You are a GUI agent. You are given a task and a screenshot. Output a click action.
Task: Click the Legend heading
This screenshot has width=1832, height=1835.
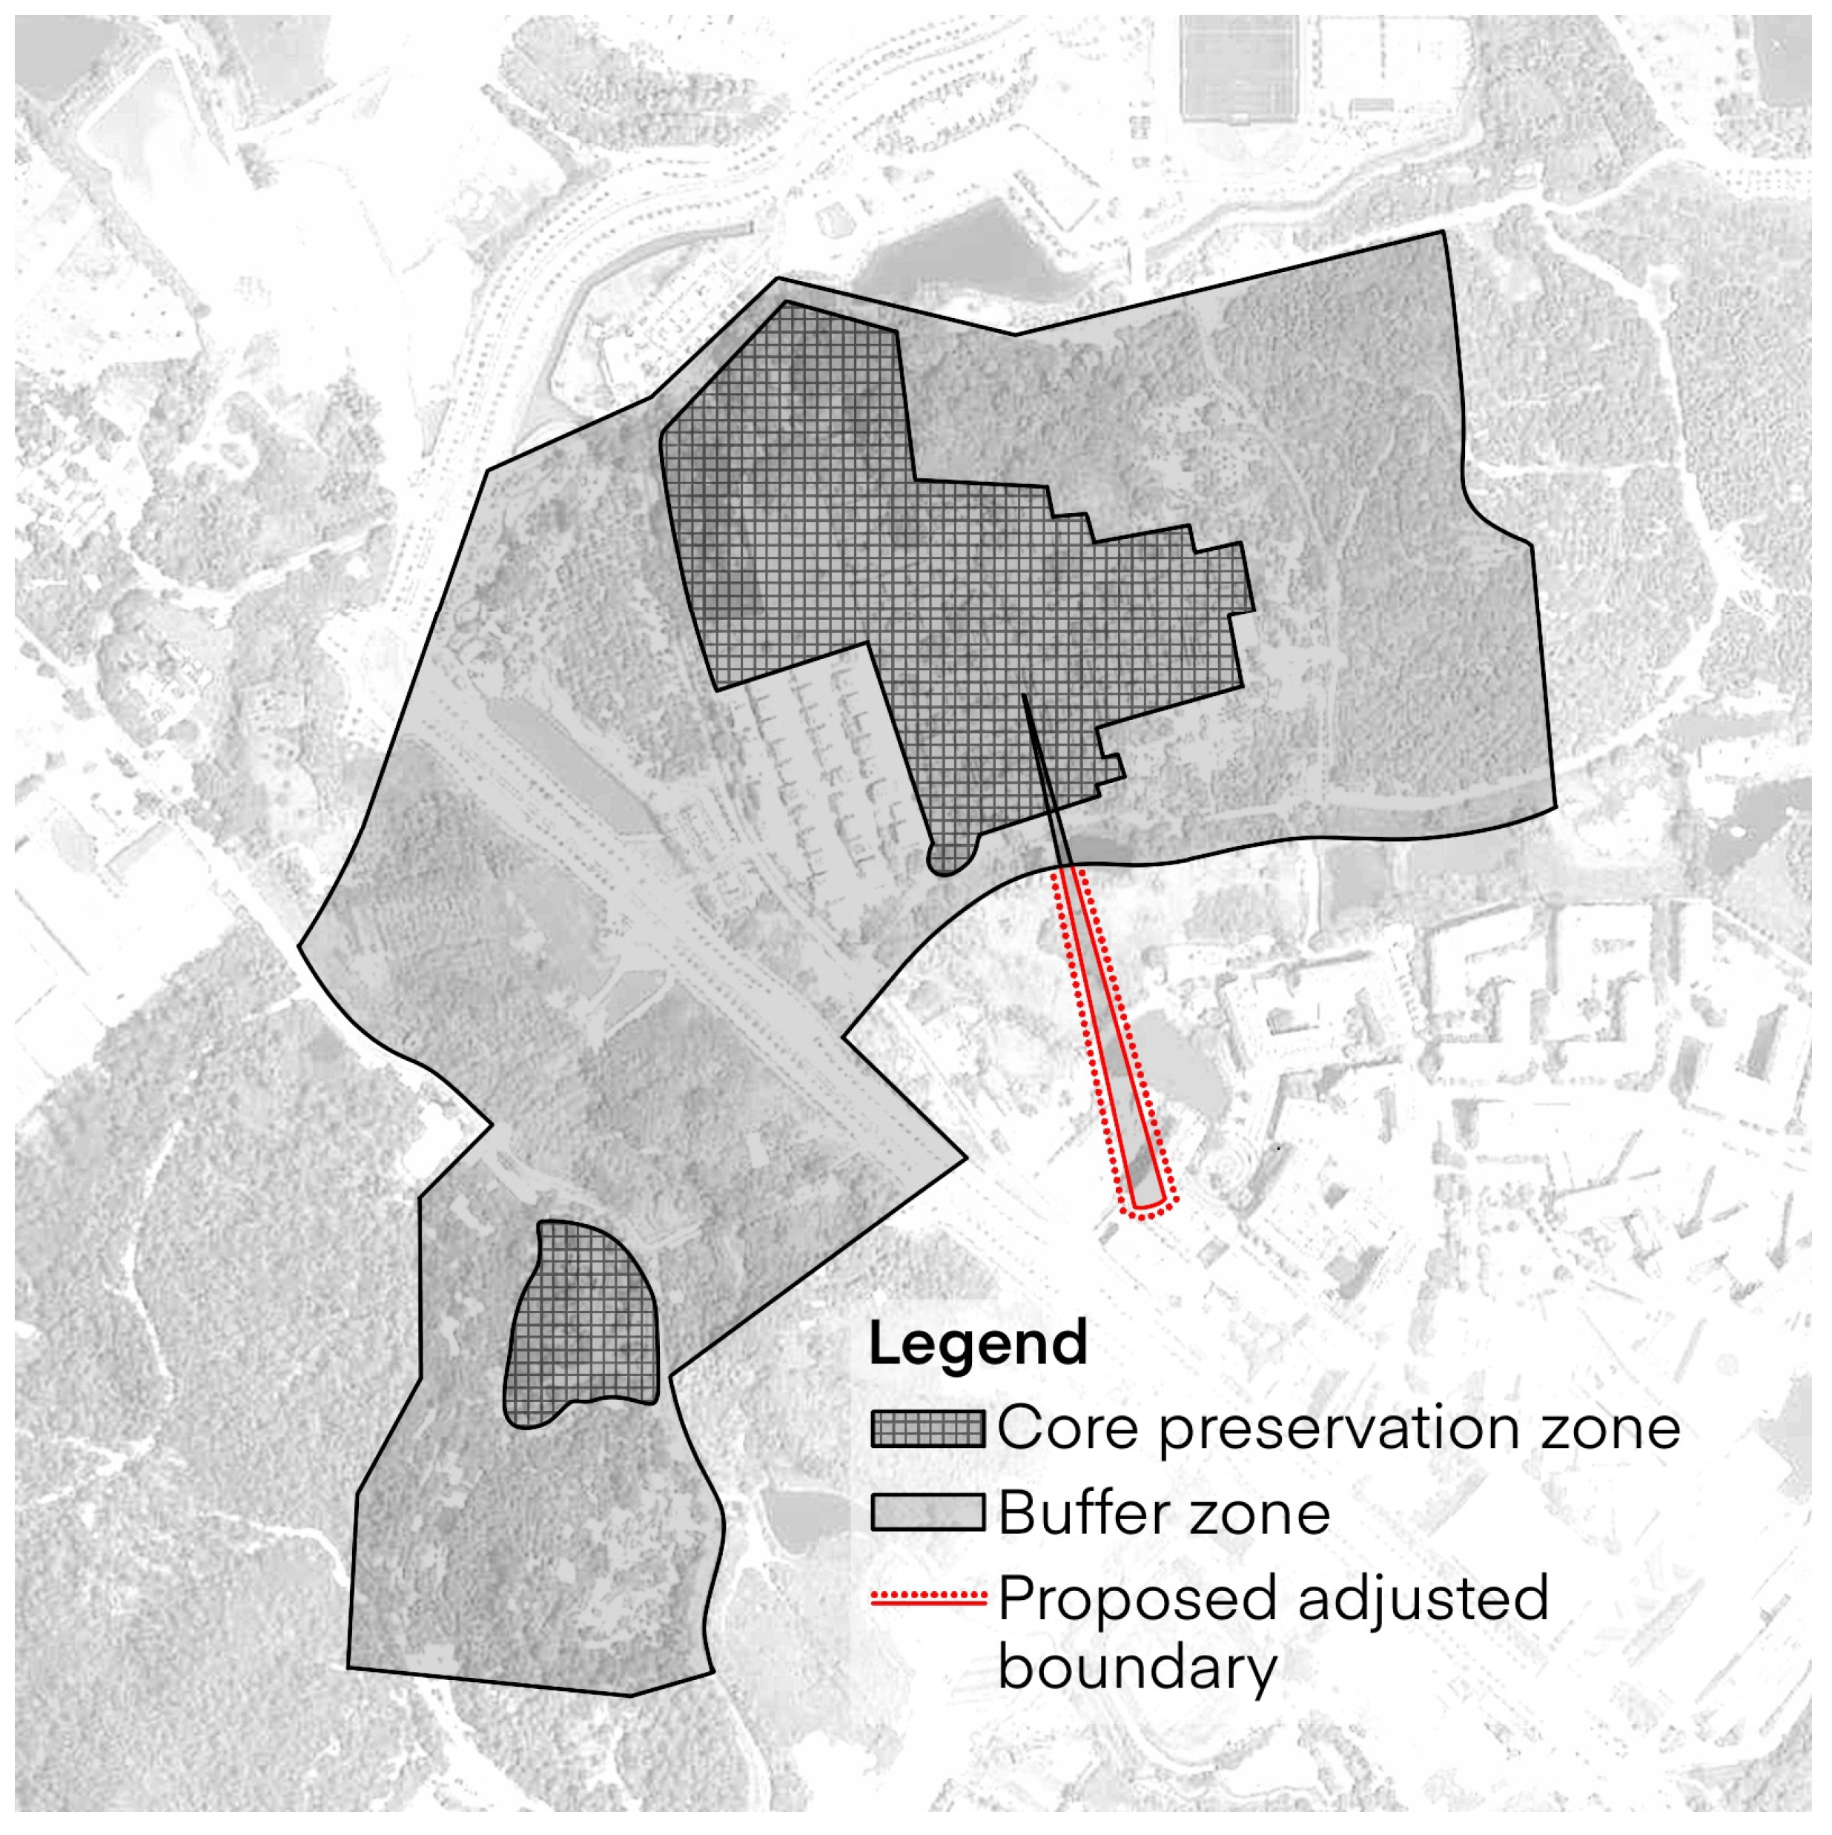click(977, 1344)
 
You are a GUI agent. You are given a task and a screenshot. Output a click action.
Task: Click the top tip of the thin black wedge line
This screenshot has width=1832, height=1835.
click(1024, 696)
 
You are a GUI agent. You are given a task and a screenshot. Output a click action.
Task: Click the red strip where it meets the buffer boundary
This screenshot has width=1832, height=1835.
click(1068, 867)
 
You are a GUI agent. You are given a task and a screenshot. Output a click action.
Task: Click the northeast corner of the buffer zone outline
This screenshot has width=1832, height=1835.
click(1444, 232)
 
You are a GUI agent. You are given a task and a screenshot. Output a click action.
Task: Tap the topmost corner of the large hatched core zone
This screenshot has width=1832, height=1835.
click(784, 303)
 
